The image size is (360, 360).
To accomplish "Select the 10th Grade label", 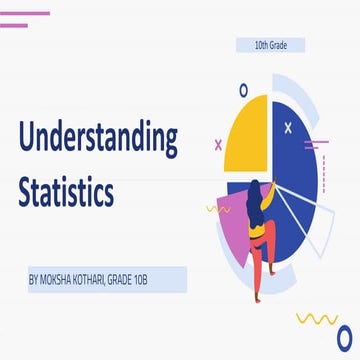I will pos(268,45).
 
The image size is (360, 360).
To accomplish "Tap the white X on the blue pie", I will pos(289,127).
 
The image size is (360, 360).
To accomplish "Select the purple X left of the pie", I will pos(219,144).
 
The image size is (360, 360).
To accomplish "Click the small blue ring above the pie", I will pos(244,91).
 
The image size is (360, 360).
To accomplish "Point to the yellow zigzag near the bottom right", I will pos(318,320).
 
